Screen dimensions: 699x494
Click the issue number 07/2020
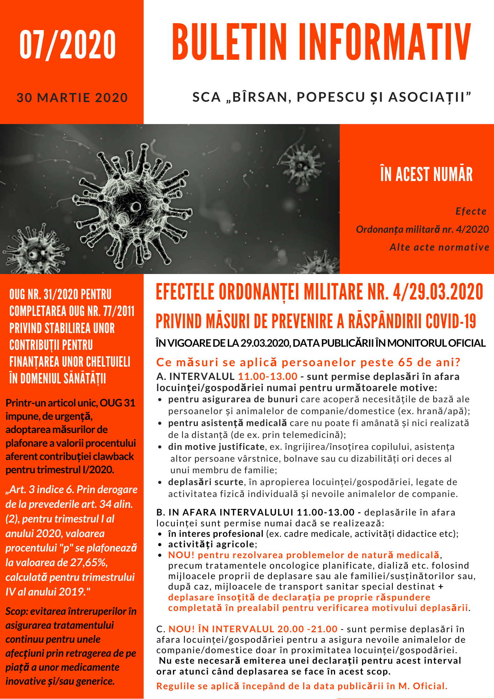[x=67, y=45]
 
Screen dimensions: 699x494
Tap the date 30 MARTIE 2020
[x=72, y=98]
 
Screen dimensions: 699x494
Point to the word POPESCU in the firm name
[x=330, y=97]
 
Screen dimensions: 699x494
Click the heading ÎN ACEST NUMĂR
[x=426, y=174]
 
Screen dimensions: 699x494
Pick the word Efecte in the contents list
[x=471, y=211]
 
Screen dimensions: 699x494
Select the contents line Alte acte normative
[x=439, y=247]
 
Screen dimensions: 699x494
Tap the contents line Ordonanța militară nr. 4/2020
[x=422, y=230]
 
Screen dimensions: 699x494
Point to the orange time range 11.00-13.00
[x=268, y=376]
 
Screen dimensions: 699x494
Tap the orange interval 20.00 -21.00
[x=307, y=629]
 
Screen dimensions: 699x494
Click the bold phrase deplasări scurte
[x=205, y=482]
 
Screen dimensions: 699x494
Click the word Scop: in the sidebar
[x=16, y=611]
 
